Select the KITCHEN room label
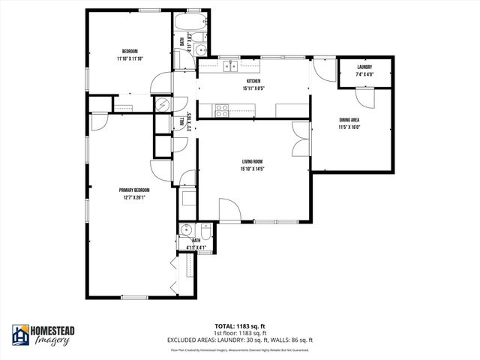(253, 81)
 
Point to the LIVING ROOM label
(253, 161)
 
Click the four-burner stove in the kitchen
(222, 110)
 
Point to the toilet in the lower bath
(207, 231)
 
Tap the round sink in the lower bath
(186, 229)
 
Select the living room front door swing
(229, 211)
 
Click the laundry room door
(363, 97)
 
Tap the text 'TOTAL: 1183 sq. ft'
(240, 327)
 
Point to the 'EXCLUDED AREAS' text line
(240, 340)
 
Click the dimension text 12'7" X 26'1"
(131, 197)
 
